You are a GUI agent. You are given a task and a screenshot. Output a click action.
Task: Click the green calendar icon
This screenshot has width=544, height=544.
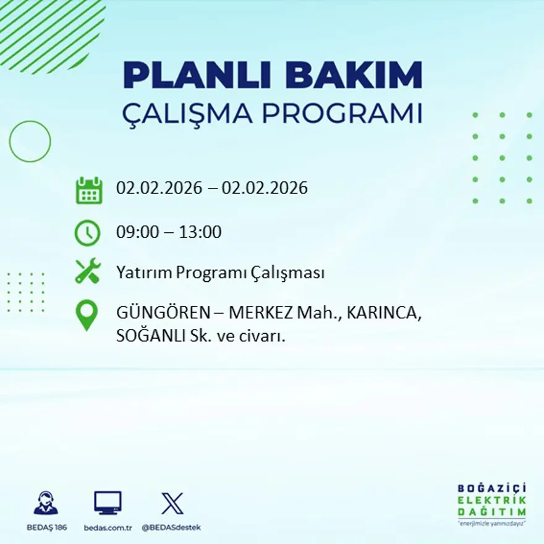point(88,190)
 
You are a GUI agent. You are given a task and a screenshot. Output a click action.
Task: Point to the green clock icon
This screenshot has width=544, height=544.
point(87,233)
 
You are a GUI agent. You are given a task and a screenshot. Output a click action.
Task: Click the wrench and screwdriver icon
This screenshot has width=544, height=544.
point(88,271)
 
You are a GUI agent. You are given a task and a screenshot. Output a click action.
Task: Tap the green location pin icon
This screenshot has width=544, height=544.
point(87,315)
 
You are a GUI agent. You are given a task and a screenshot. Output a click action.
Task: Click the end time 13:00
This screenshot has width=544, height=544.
point(200,232)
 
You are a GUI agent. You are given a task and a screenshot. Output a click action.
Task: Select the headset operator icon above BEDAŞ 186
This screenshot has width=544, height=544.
point(46,503)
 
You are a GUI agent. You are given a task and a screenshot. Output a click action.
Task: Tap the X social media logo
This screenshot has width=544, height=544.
point(172,503)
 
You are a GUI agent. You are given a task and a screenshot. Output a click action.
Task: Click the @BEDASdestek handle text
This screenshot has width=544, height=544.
point(171,527)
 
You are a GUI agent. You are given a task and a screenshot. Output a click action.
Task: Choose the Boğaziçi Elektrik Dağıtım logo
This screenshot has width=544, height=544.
point(491,504)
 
